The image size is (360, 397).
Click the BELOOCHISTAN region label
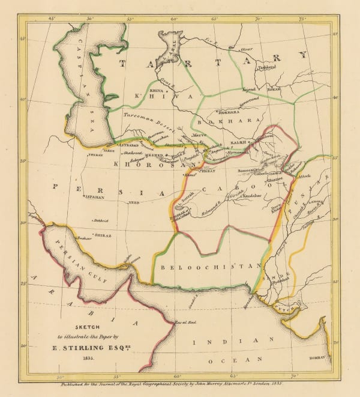207,265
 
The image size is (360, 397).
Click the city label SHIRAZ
103,236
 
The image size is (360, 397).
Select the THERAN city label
95,154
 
